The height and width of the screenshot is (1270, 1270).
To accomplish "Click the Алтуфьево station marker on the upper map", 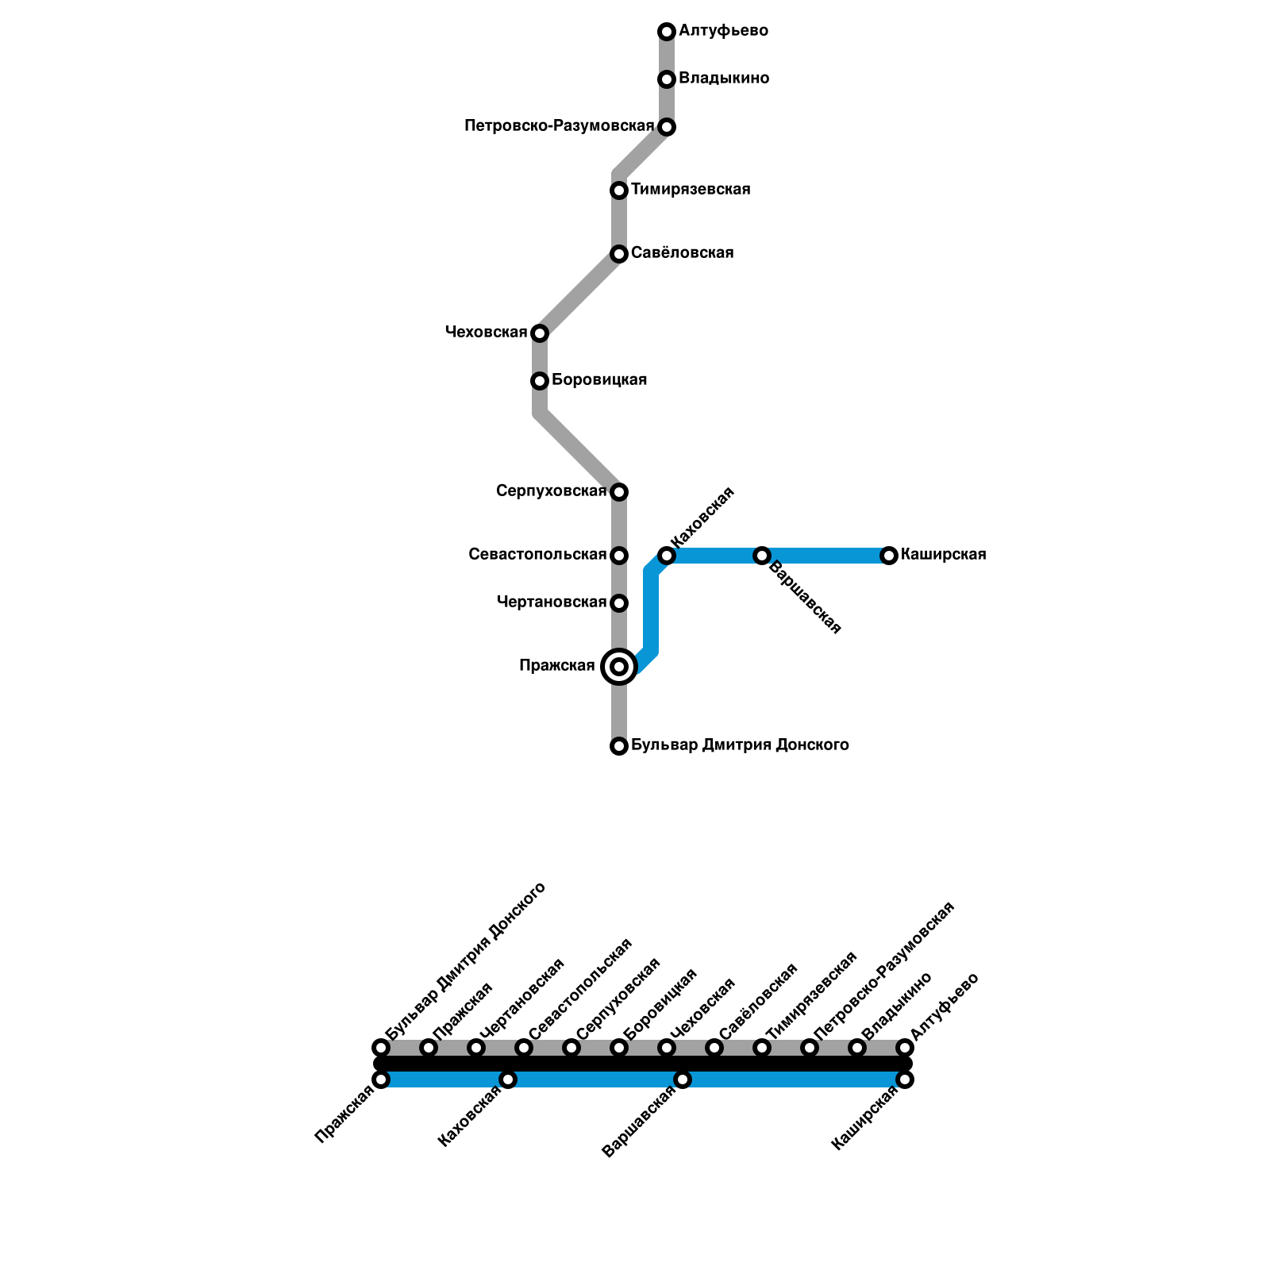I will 667,32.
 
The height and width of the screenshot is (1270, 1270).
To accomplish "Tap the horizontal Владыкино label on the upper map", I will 724,79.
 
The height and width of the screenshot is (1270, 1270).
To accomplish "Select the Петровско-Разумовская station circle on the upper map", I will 667,127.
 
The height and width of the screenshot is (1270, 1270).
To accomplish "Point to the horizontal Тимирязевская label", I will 691,190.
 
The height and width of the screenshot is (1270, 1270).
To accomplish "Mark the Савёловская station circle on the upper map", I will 619,254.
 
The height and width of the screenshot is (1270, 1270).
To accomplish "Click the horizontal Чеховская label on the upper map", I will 487,332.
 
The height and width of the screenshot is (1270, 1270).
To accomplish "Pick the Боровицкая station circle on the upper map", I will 540,381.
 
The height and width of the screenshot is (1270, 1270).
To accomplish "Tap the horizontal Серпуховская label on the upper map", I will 551,491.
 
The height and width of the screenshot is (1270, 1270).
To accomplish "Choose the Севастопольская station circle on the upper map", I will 619,556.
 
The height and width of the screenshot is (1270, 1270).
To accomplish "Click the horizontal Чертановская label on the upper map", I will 551,602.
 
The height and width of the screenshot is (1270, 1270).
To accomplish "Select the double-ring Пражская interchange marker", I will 619,667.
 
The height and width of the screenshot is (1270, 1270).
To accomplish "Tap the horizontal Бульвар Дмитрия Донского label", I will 740,745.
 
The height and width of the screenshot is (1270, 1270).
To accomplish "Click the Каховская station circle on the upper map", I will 667,556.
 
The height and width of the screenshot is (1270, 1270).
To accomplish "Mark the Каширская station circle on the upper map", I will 889,556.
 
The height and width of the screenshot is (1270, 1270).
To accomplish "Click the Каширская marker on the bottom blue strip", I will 905,1079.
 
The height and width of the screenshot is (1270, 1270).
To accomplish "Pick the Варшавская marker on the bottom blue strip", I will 683,1079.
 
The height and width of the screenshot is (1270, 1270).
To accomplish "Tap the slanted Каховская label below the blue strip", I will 470,1116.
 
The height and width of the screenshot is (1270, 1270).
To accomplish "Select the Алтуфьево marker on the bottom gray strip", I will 905,1048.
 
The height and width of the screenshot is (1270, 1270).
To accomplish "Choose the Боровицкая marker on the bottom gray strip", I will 619,1048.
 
